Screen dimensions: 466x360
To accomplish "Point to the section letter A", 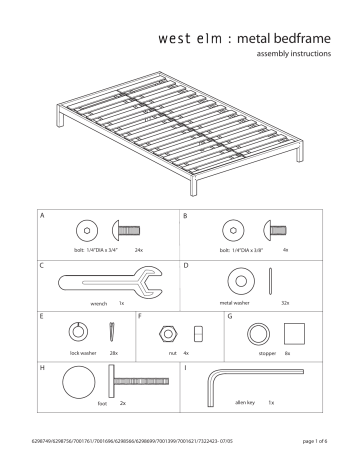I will tap(43, 215).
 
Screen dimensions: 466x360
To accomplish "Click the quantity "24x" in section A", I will tap(139, 249).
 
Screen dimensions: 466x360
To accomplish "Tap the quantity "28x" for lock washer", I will tap(114, 353).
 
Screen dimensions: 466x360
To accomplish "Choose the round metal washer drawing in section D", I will tap(240, 279).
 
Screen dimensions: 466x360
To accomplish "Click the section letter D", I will tap(188, 266).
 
